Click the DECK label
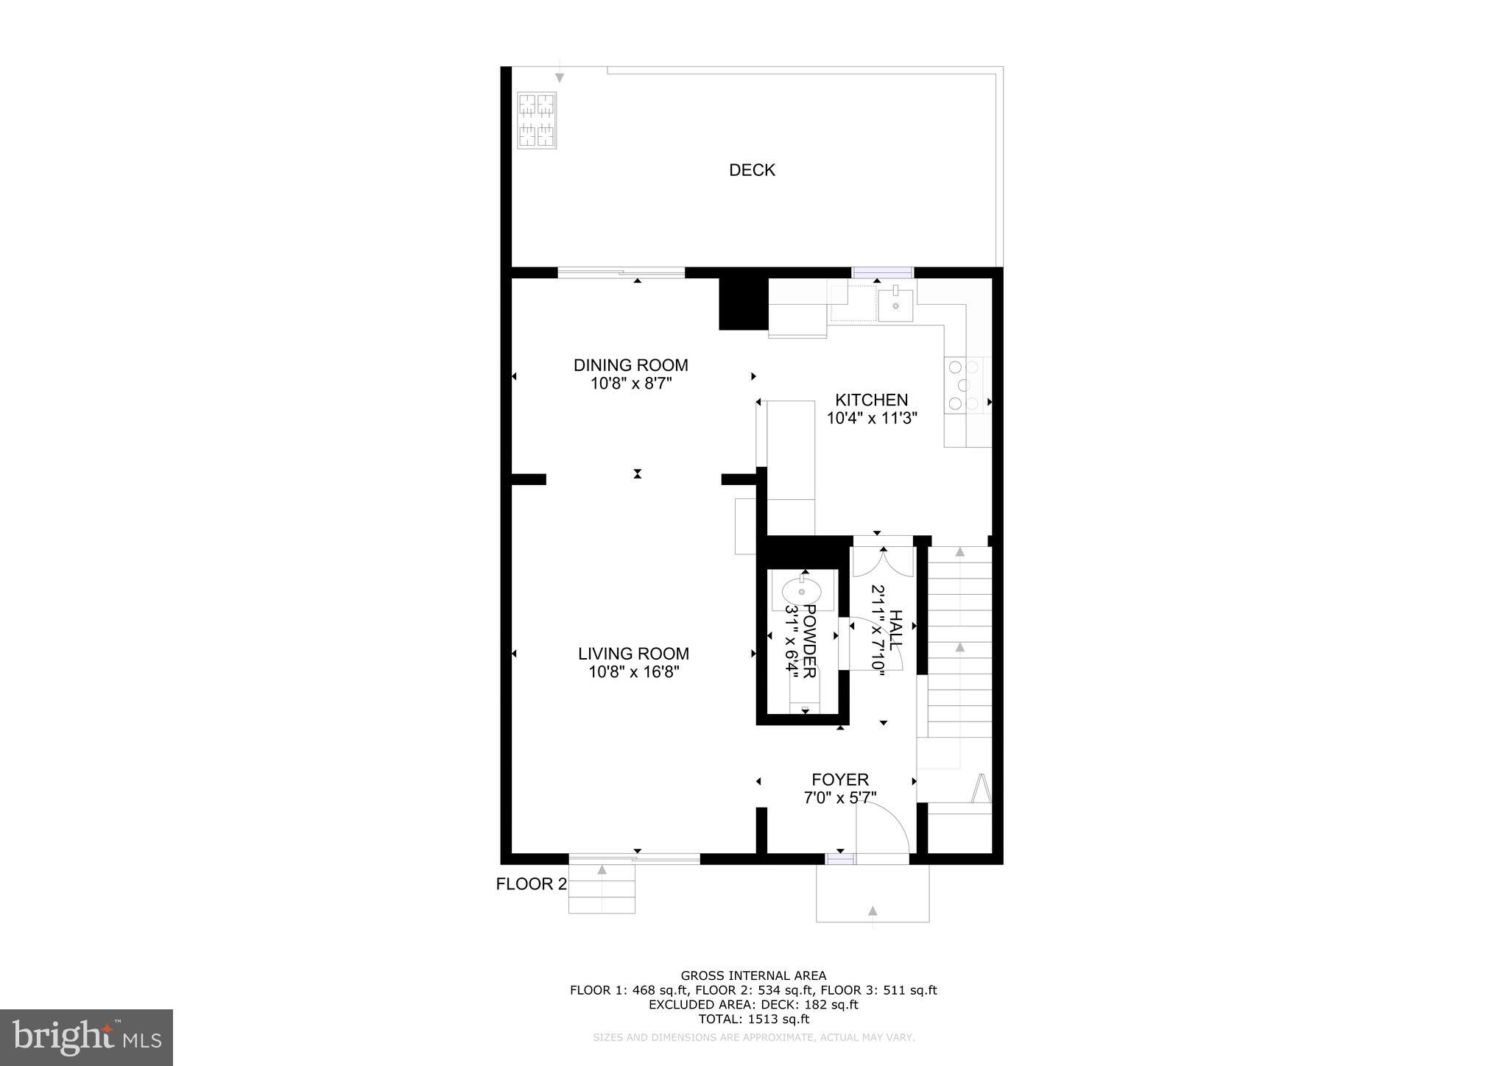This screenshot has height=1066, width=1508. click(752, 170)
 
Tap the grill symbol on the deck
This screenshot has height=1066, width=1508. click(536, 120)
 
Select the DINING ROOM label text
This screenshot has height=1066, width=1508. click(630, 365)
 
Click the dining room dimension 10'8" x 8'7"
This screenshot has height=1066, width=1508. click(630, 384)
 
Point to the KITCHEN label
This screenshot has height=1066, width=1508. click(871, 400)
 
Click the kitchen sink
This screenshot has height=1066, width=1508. click(895, 306)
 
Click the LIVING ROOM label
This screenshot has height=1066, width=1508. click(633, 654)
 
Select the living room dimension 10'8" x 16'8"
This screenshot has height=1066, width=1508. click(633, 672)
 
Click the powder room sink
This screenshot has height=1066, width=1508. click(801, 591)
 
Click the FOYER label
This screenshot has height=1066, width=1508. click(840, 780)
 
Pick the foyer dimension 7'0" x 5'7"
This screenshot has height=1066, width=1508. click(840, 797)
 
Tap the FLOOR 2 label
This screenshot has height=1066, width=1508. click(531, 884)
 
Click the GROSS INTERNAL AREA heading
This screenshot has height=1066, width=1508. click(753, 976)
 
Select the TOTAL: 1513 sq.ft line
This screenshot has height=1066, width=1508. click(753, 1020)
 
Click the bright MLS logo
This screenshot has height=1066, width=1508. click(87, 1038)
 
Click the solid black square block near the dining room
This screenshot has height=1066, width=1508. click(743, 304)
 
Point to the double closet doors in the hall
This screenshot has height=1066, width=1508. click(883, 562)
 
